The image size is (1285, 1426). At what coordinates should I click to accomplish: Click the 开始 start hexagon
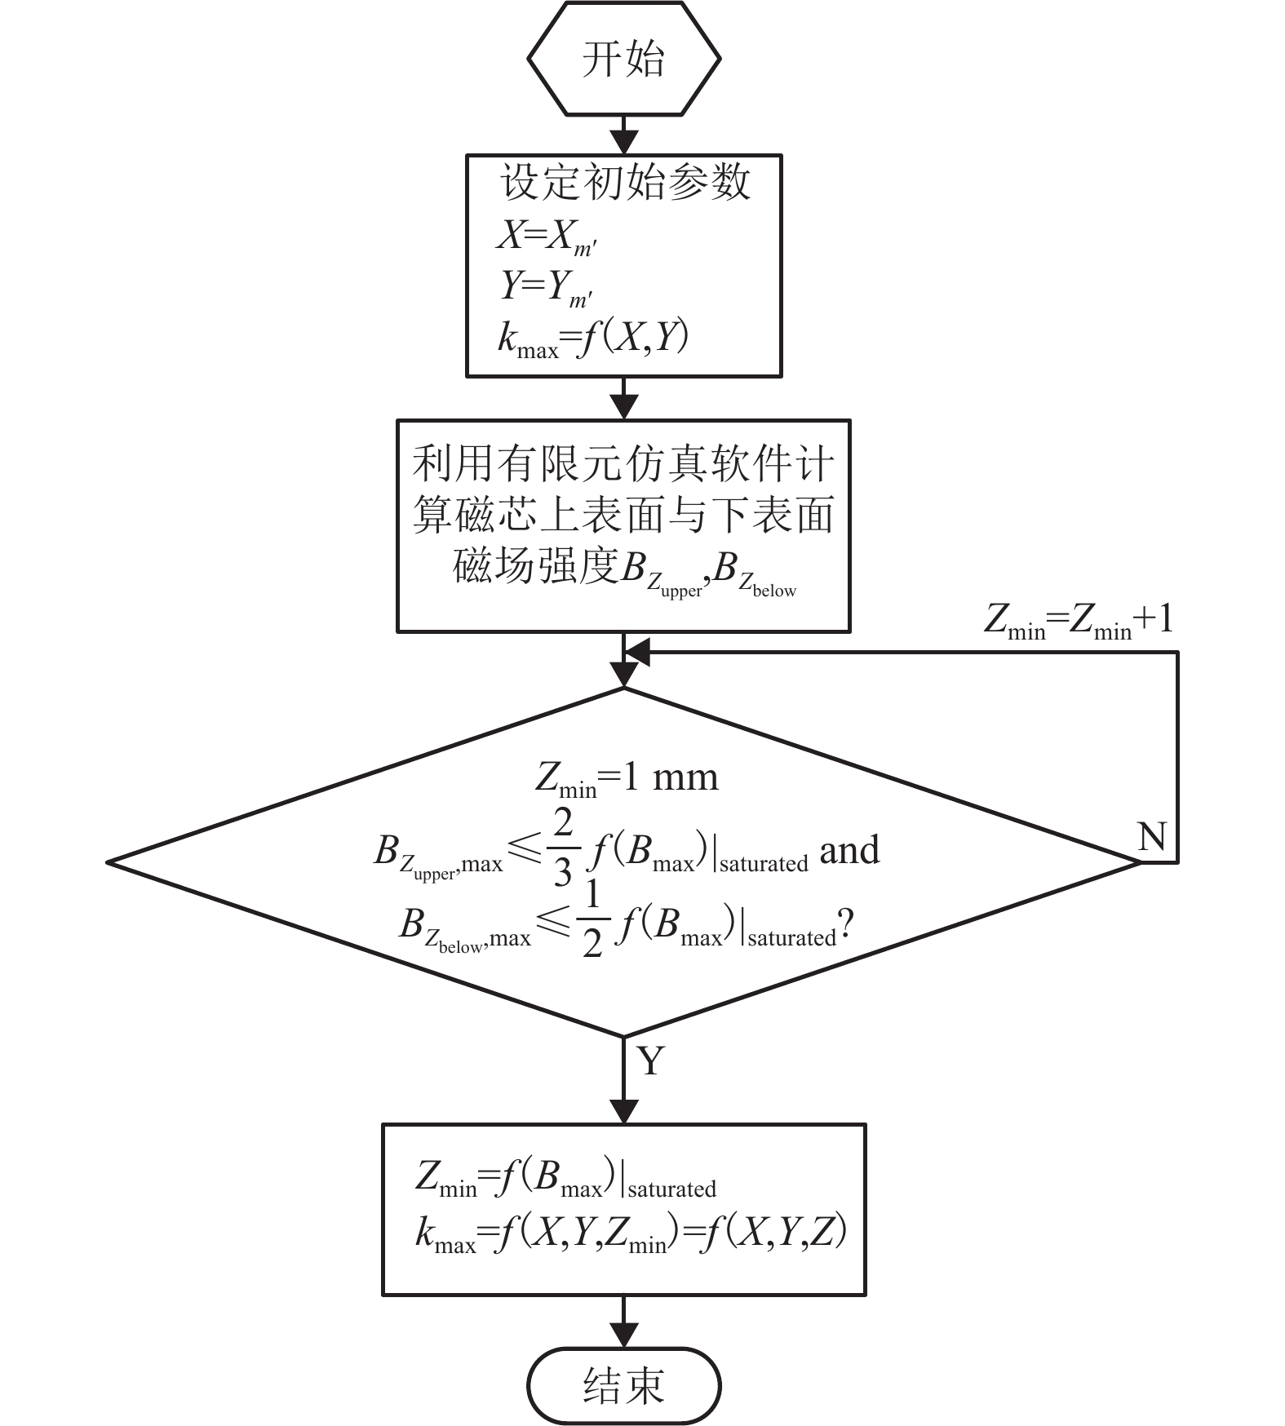624,59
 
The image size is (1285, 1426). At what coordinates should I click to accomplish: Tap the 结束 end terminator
624,1385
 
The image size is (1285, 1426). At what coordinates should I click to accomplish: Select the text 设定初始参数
625,182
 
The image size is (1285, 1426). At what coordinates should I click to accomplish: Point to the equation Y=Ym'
546,287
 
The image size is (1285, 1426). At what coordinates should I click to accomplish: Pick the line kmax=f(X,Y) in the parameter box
593,339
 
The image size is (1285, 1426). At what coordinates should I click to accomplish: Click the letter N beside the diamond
1151,837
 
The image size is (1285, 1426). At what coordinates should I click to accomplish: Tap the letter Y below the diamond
650,1061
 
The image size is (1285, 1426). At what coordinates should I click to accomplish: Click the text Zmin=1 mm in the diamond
627,779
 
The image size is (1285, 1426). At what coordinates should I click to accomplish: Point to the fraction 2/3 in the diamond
563,848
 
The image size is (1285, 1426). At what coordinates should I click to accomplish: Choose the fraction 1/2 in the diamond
592,920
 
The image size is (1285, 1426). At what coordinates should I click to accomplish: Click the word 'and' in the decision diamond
849,851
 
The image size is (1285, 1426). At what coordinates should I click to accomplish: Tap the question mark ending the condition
846,927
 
